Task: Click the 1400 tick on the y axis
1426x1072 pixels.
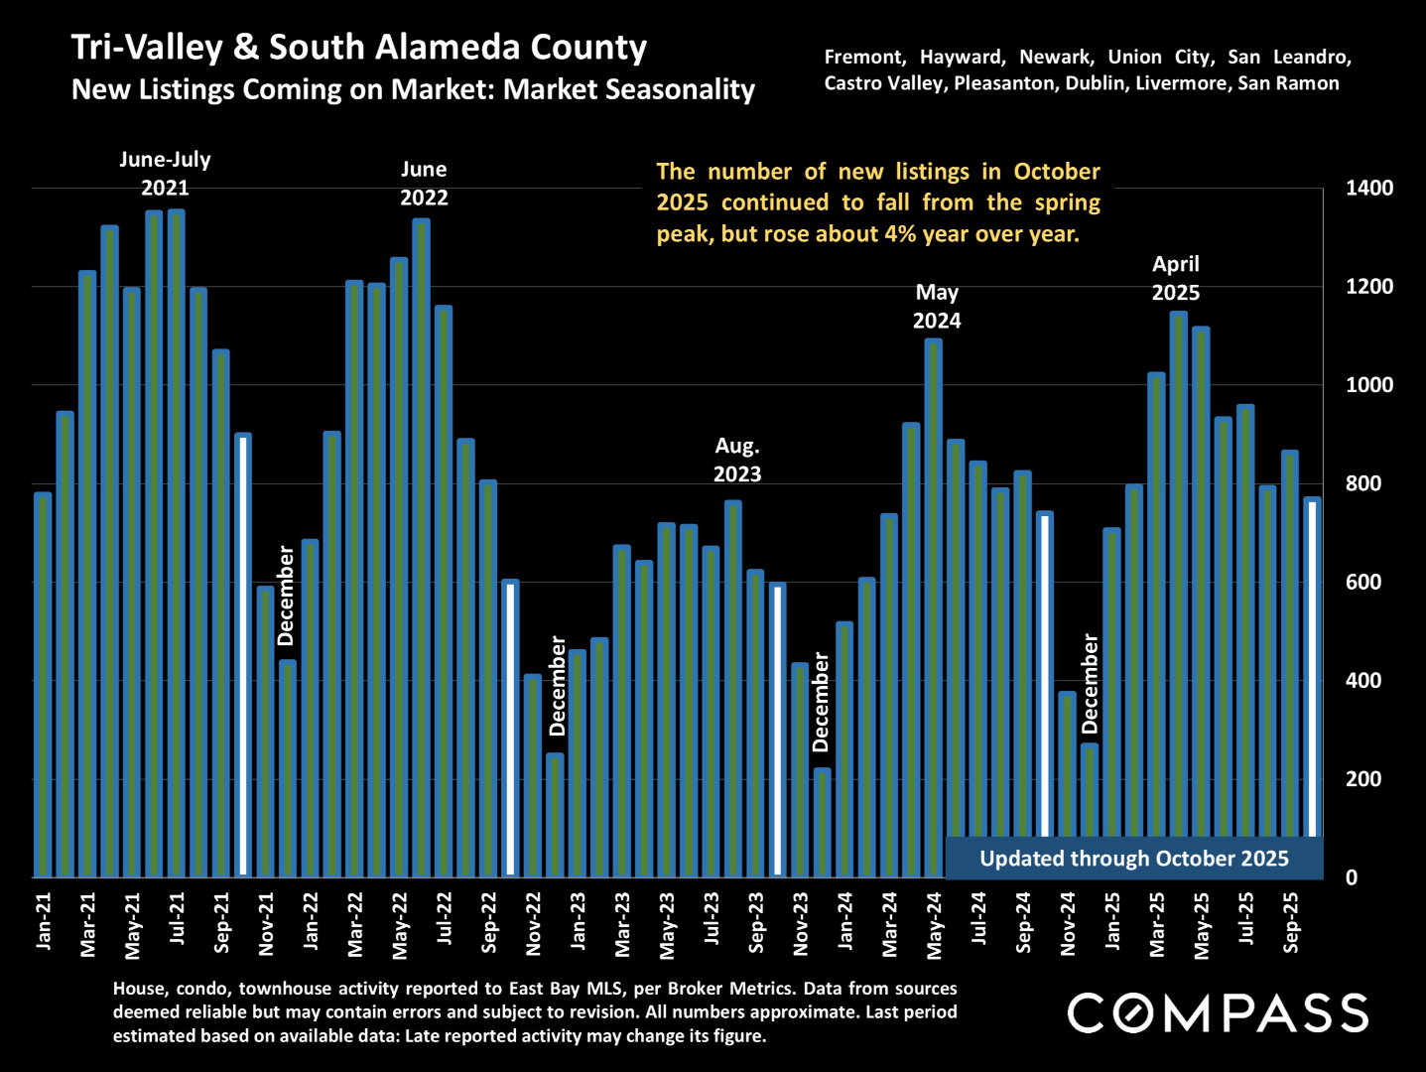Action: (1368, 188)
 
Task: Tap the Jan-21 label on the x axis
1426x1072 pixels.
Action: (44, 921)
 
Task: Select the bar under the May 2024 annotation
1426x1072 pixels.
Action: (934, 607)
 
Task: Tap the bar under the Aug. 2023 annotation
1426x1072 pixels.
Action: (733, 689)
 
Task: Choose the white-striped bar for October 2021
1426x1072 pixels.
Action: (243, 655)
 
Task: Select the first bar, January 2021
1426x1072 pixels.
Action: (43, 685)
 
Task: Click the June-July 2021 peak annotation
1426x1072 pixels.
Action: (165, 174)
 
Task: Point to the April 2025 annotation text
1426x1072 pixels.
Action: (1176, 279)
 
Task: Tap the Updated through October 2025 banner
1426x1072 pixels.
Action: (1134, 859)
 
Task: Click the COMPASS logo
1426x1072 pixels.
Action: (1218, 1013)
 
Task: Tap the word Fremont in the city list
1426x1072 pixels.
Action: (864, 58)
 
